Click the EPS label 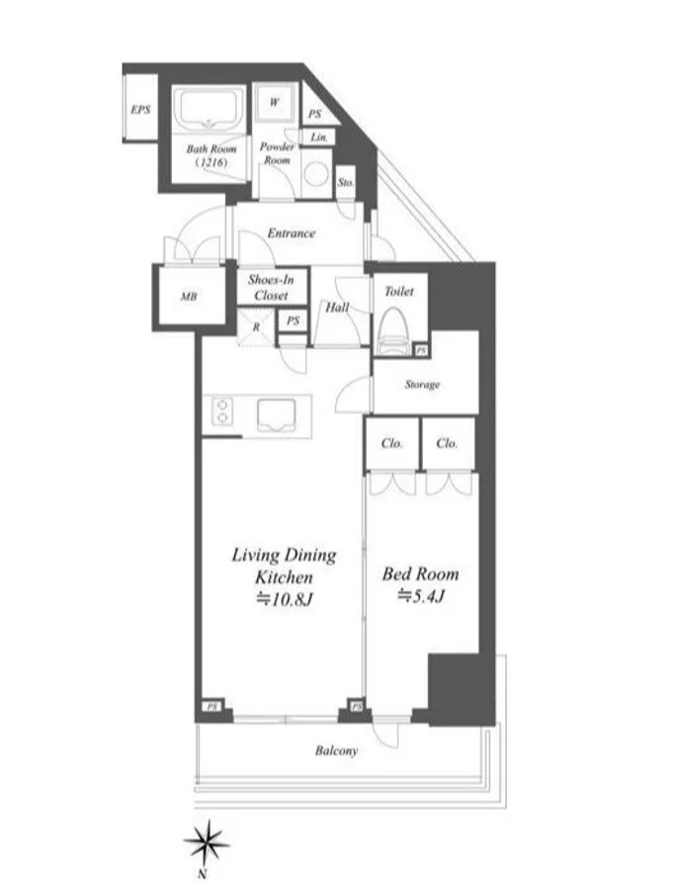140,109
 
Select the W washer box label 274,102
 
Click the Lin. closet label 318,137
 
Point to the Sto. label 346,183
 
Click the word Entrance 291,232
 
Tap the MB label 189,296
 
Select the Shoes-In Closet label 271,287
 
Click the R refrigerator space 256,327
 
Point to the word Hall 337,307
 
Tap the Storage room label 422,385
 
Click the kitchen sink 276,415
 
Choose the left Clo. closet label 391,443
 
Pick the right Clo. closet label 447,443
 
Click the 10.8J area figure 284,599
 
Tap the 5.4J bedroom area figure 421,595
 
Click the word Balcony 337,751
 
